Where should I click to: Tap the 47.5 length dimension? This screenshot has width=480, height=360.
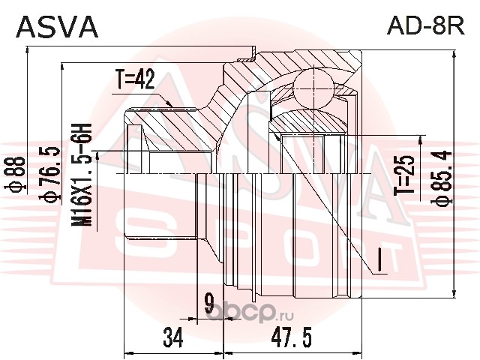[293, 338]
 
